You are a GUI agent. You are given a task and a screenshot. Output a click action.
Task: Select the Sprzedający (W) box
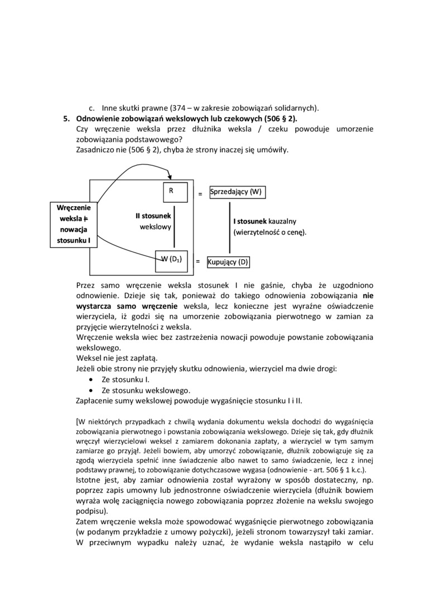pos(237,192)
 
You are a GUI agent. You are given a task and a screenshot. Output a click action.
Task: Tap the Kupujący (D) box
pos(228,261)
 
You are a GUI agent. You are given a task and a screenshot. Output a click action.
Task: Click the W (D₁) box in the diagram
pos(171,259)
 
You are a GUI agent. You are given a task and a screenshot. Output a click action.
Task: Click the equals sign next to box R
pos(200,194)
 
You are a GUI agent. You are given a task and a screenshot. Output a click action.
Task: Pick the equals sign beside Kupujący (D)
pos(197,260)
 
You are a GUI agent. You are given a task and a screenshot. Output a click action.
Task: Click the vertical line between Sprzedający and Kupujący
pos(230,228)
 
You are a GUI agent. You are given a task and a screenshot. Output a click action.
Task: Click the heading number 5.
pos(65,119)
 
